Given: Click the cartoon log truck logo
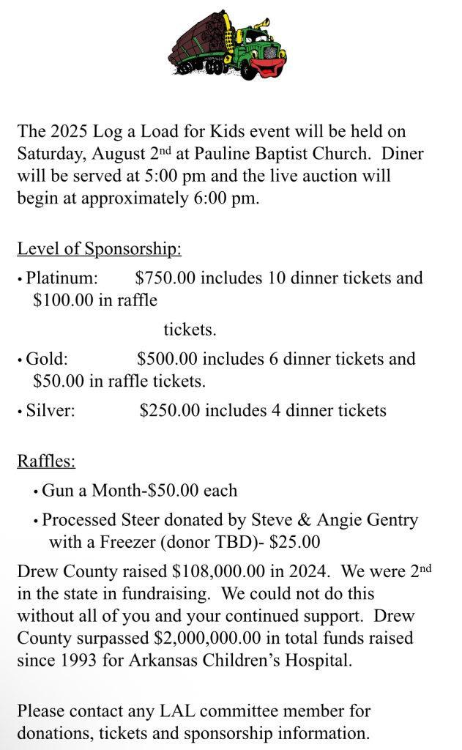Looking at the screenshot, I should [228, 45].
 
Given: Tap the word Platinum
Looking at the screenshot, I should [62, 278].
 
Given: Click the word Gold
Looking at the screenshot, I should [46, 359].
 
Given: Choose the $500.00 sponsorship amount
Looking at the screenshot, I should [168, 359].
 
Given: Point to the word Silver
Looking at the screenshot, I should [51, 410].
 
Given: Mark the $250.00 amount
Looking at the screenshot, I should [170, 410].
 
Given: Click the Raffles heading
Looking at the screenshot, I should [46, 461].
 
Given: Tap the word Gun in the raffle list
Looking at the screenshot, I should [57, 491].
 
